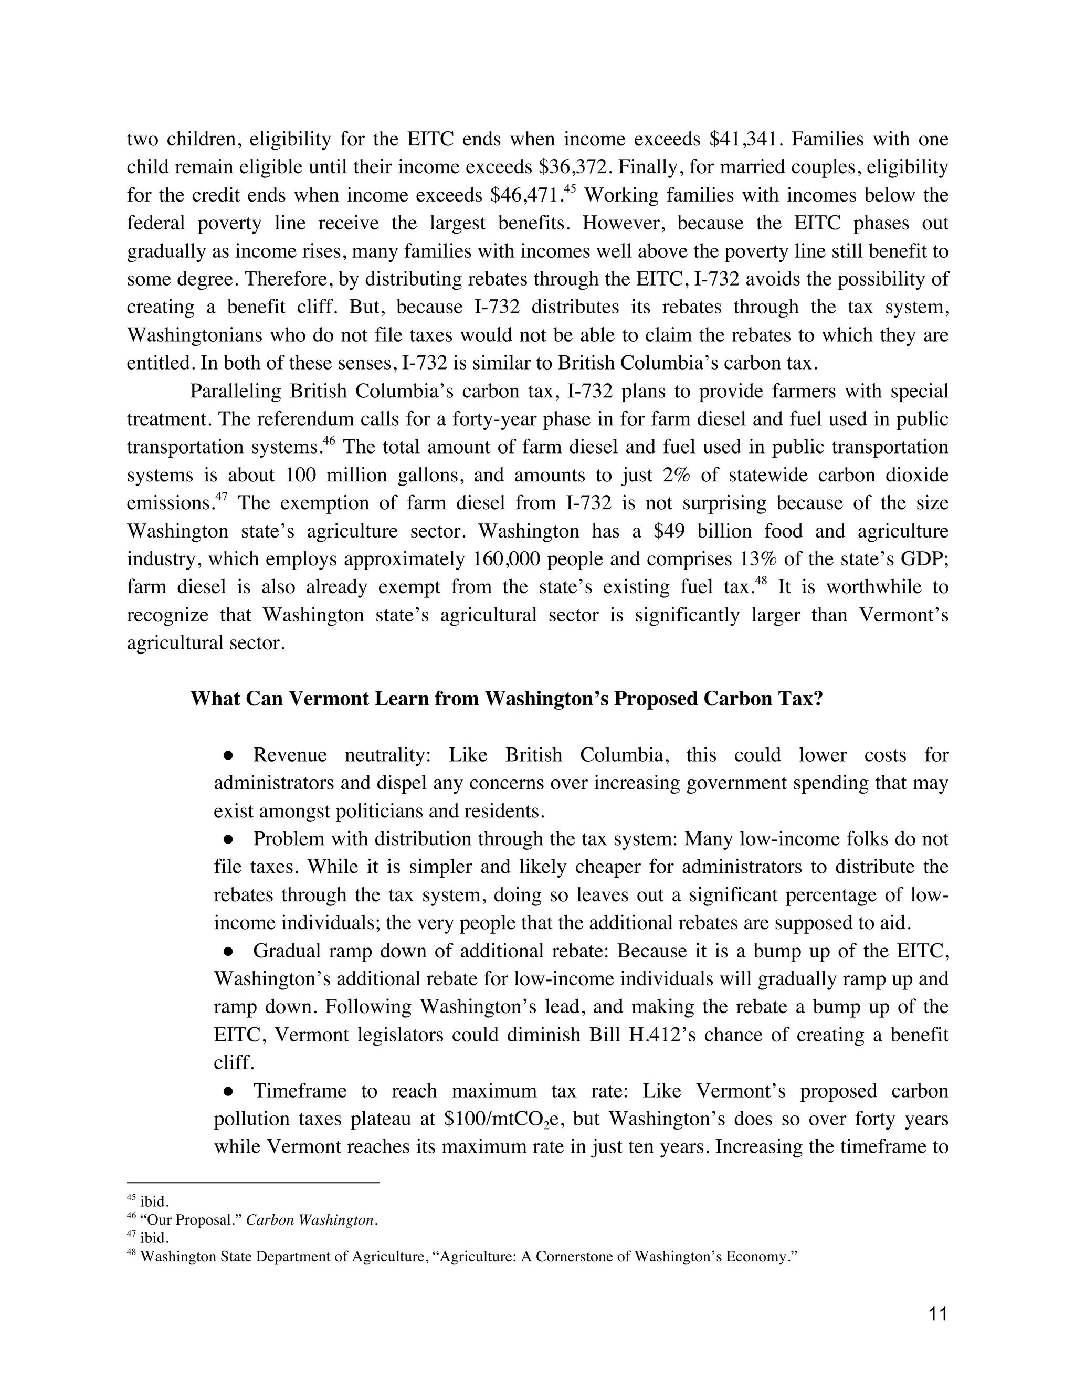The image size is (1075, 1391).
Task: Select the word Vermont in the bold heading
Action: (328, 699)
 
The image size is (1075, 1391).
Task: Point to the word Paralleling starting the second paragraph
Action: (236, 391)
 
